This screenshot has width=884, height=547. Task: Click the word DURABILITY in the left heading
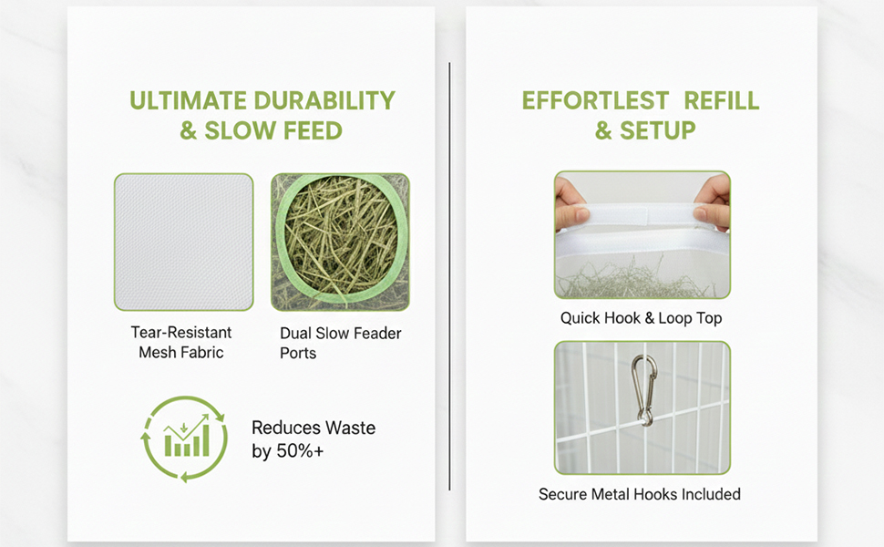tap(324, 101)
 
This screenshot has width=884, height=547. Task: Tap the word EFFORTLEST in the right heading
tap(595, 101)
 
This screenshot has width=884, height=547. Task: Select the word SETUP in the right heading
tap(657, 131)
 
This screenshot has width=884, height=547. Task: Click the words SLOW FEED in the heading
tap(273, 131)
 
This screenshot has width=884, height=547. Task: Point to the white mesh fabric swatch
tap(184, 242)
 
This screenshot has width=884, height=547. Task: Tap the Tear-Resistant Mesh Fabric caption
tap(181, 342)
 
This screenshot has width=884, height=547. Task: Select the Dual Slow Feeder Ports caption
tap(341, 343)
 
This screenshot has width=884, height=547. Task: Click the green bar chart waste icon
tap(184, 439)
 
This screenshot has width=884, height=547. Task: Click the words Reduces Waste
tap(314, 428)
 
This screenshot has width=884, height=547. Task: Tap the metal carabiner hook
tap(642, 390)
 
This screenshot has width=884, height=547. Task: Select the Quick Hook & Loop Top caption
tap(641, 318)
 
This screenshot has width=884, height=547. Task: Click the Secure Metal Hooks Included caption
tap(640, 494)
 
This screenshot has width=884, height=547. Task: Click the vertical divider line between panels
tap(449, 276)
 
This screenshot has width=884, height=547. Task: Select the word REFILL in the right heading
tap(722, 101)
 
